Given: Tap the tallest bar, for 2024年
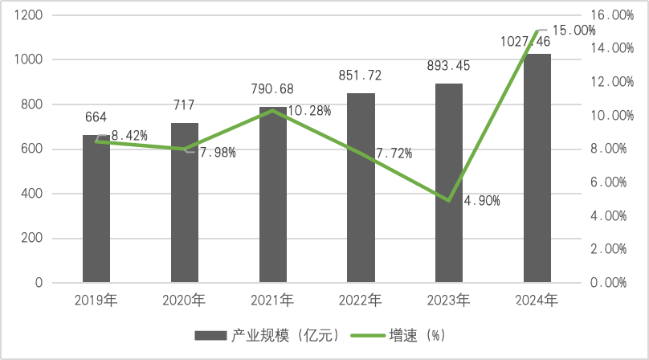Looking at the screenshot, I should point(537,169).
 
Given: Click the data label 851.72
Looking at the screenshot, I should point(360,76).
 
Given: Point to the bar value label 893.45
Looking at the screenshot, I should point(449,66).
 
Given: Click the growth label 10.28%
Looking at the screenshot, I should point(309,111).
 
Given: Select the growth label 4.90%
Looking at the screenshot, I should point(482,200).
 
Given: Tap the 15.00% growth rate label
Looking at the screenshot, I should point(574,30).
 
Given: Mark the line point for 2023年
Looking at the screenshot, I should point(449,200).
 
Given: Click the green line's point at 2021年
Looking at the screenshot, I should point(272,110).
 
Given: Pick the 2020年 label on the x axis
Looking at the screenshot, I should point(184,301).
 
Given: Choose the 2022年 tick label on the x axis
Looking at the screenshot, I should point(361,301).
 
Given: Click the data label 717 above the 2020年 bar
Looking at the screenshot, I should point(184,105).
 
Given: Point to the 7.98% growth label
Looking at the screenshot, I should point(217,153).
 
